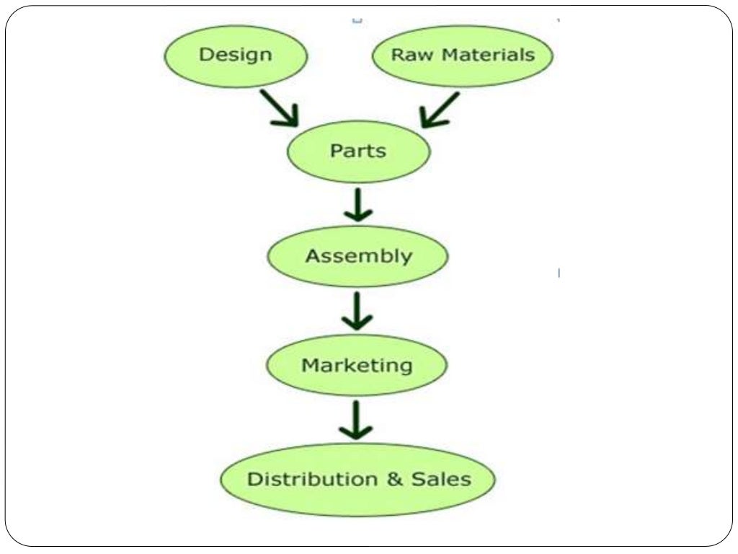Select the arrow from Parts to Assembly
[x=358, y=206]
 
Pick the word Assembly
[x=358, y=257]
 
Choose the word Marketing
[x=357, y=365]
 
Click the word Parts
[x=358, y=151]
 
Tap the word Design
[x=236, y=55]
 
